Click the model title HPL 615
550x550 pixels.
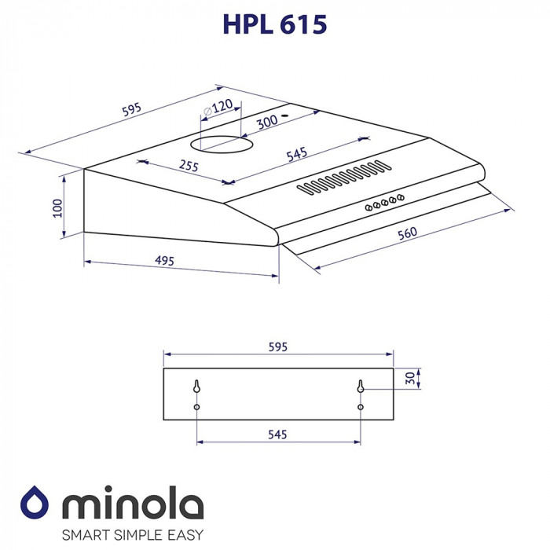pos(274,24)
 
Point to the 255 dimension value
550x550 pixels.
pos(188,166)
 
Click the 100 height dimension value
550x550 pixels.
pos(57,208)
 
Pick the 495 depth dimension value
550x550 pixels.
pos(163,260)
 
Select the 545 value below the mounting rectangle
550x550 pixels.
pos(277,434)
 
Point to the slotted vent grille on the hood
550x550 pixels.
pos(343,177)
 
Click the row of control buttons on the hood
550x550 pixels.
pos(384,203)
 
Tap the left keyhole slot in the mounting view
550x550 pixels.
pos(196,387)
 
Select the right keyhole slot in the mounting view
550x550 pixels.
pos(360,387)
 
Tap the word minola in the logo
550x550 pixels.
pos(132,504)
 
